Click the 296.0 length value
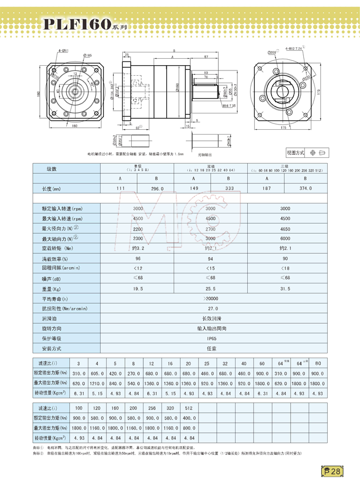click(157, 189)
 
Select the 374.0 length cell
click(305, 189)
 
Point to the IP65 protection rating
click(211, 338)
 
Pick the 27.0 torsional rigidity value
click(211, 308)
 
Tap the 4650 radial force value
click(285, 228)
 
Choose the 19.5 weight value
click(138, 288)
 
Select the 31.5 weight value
click(285, 288)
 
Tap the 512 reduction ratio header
click(188, 409)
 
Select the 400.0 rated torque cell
click(188, 419)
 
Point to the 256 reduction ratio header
click(151, 409)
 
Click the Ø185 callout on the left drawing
click(88, 55)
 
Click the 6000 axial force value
click(285, 238)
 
